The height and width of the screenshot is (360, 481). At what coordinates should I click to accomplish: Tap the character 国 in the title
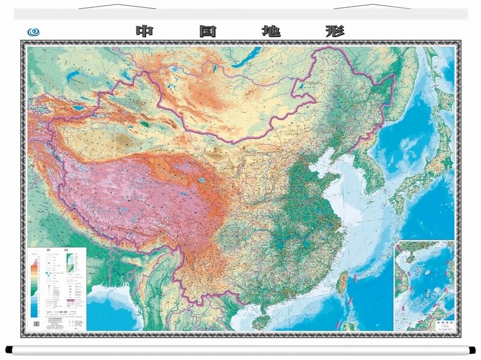tap(207, 31)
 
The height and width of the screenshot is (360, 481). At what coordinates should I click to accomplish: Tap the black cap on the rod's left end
tap(8, 349)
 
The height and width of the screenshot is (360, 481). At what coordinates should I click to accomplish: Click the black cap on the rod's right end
tap(473, 349)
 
